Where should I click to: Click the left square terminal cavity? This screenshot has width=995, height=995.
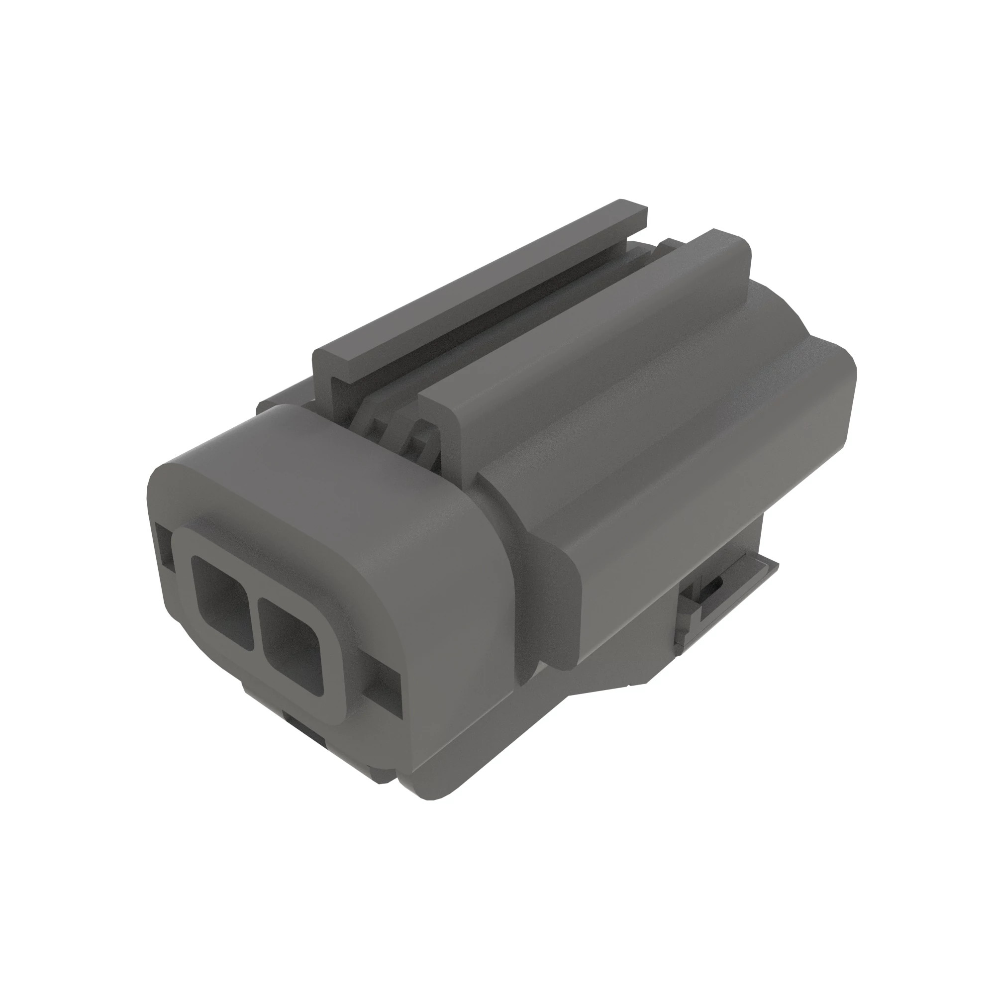220,600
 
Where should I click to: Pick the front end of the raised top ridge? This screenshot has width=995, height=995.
438,407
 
